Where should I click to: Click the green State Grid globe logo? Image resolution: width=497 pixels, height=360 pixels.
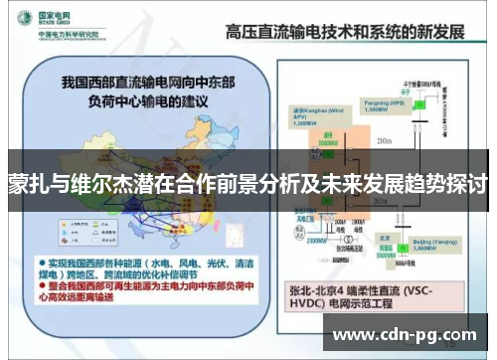tap(21, 22)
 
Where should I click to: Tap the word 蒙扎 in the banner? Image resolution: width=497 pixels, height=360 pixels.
tap(31, 186)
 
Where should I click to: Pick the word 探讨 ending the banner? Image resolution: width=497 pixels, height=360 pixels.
tap(465, 186)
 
